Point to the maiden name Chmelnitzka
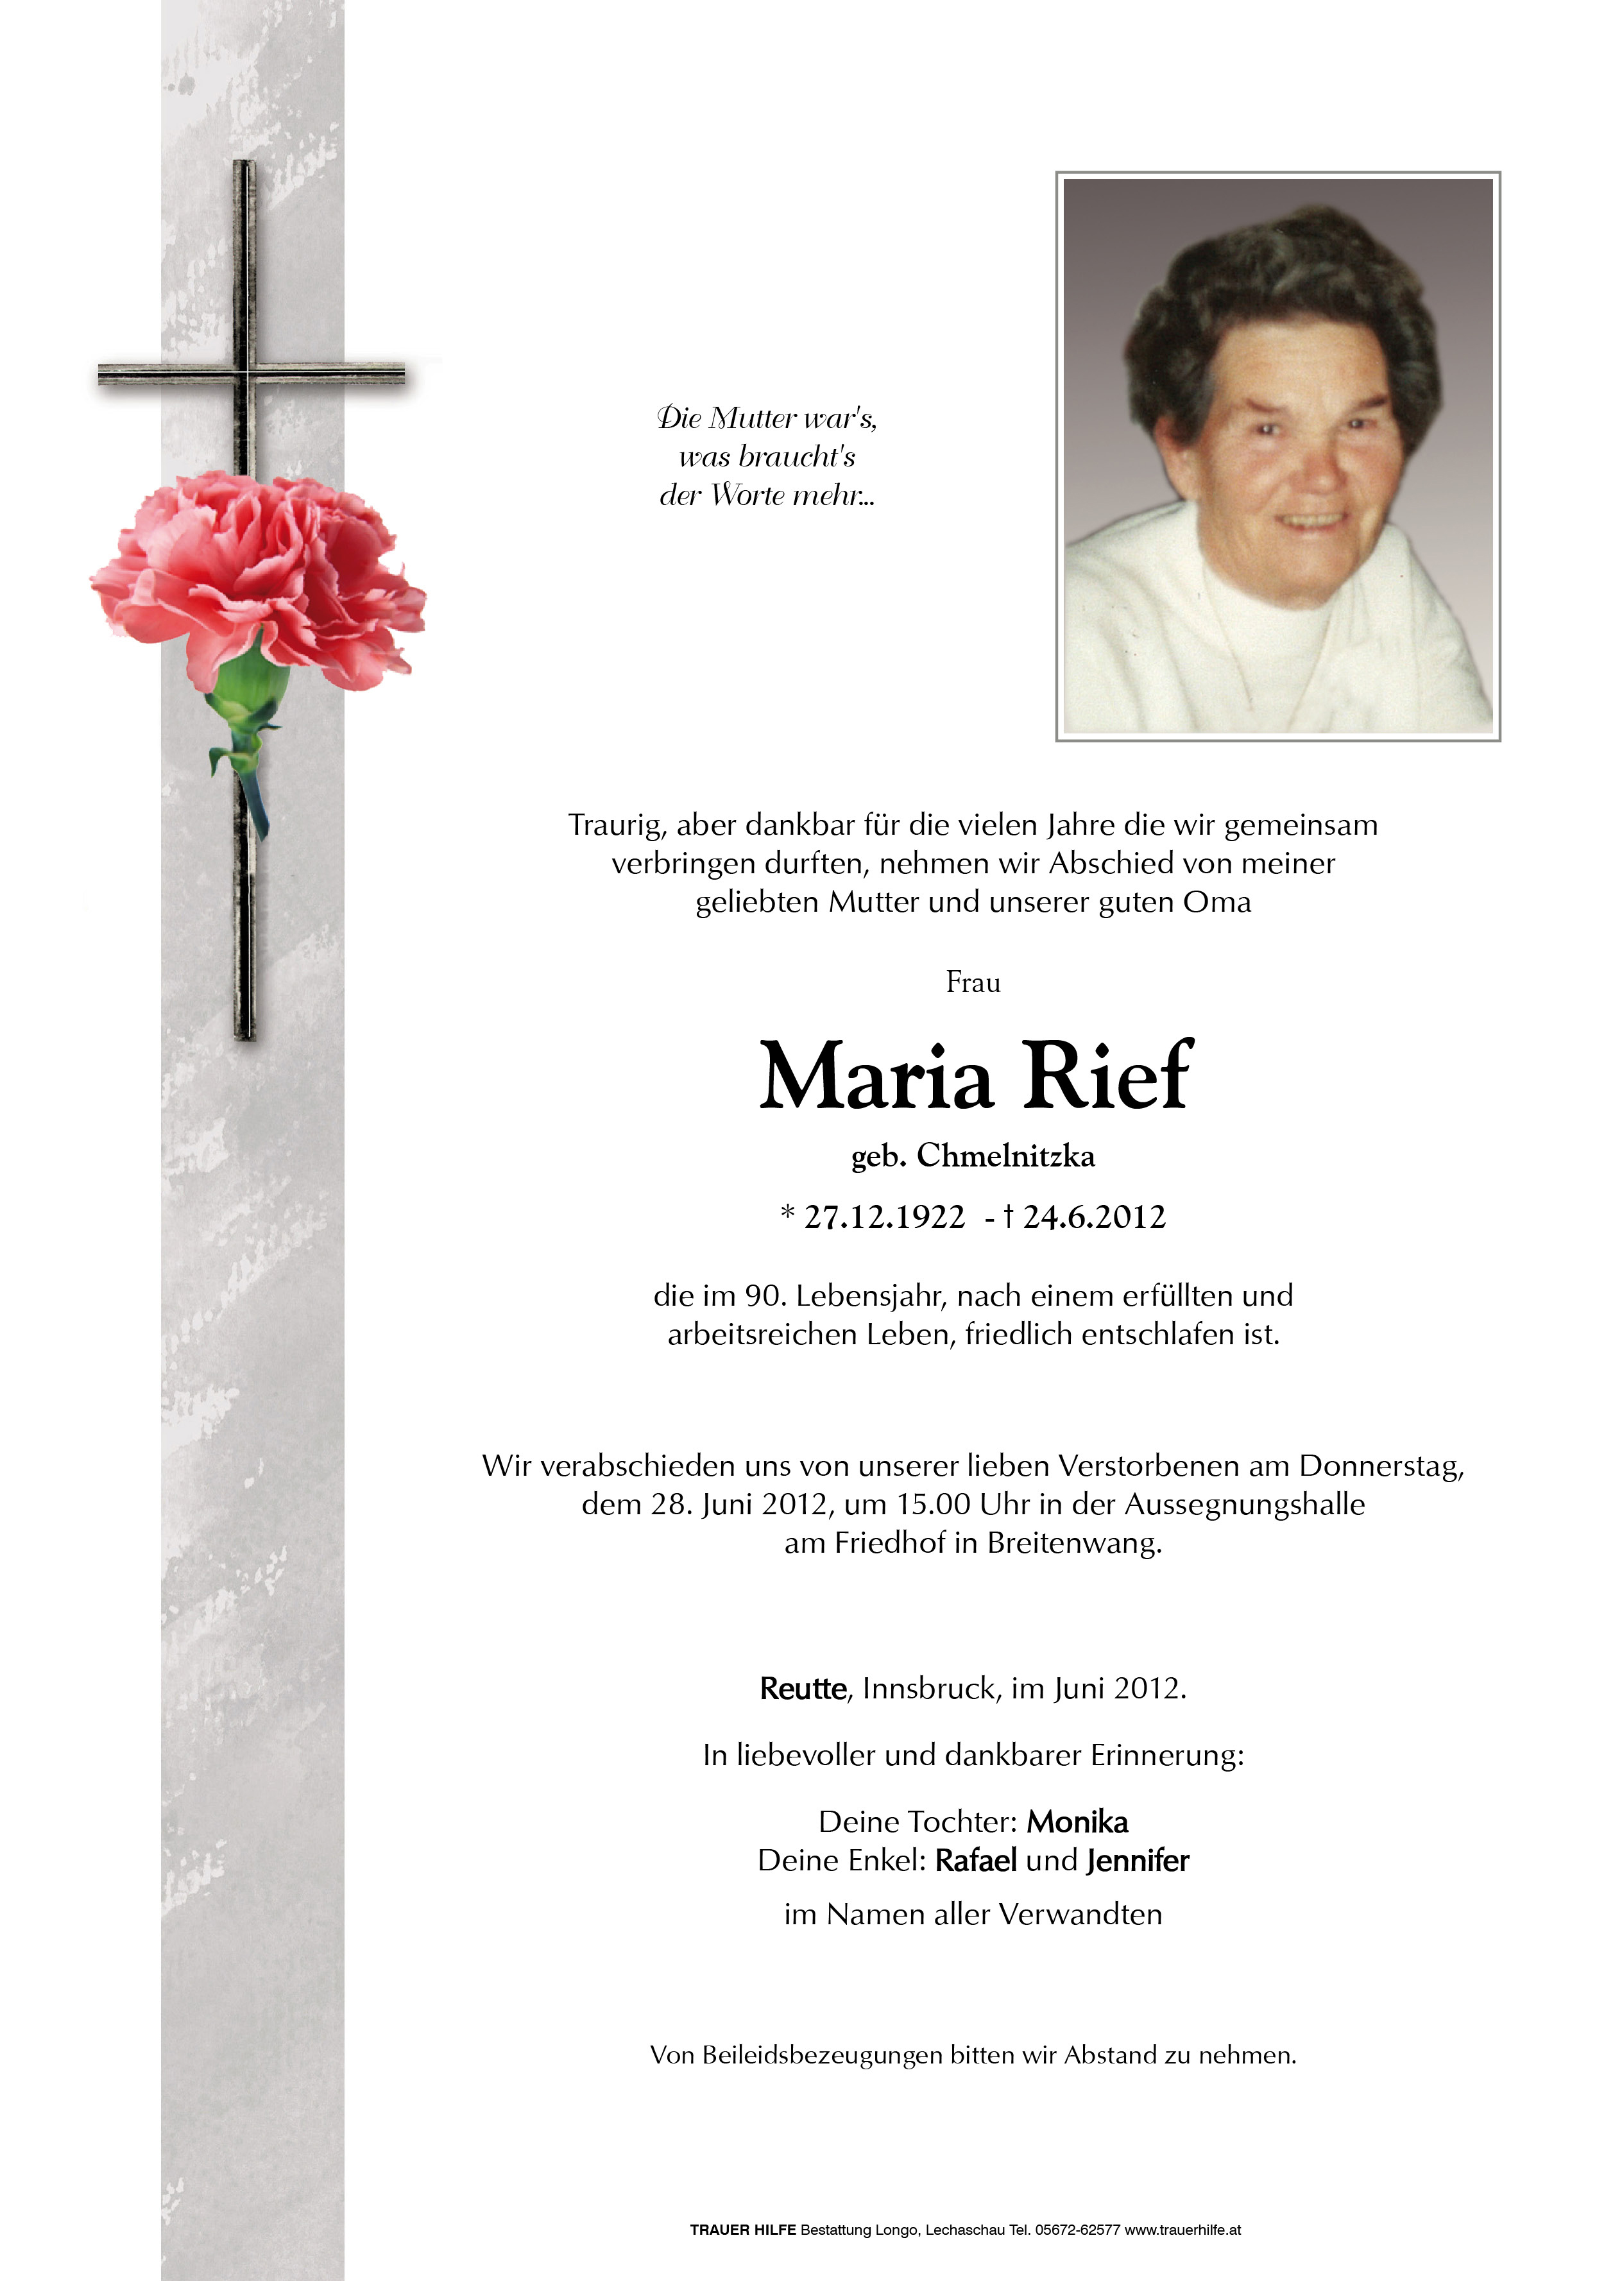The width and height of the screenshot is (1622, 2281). point(1006,1156)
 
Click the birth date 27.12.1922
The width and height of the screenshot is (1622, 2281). point(884,1217)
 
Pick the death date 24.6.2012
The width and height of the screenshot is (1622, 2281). point(1094,1217)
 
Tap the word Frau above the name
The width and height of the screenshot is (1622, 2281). point(973,983)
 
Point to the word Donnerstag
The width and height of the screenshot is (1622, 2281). point(1381,1466)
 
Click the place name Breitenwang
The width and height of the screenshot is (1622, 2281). point(1073,1543)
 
